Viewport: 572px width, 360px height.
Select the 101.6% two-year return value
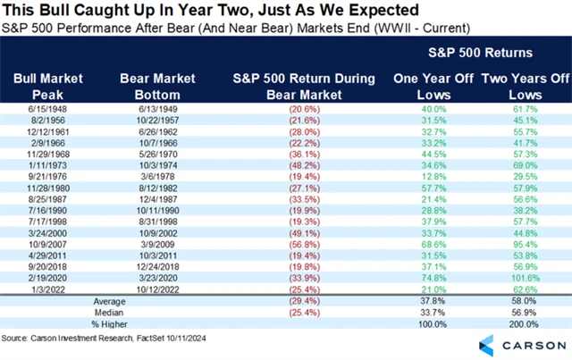520,277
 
